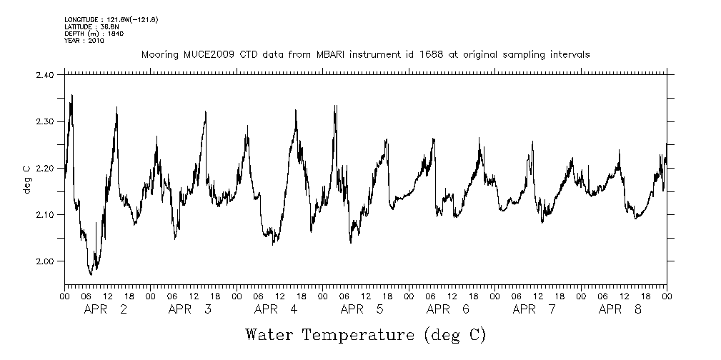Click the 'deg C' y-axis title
[x=26, y=168]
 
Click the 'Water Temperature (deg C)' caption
[x=365, y=334]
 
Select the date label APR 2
[x=106, y=309]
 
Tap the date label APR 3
[x=190, y=309]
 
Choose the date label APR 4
[x=276, y=309]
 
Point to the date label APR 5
[x=362, y=309]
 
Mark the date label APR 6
[x=448, y=309]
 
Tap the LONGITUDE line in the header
[x=111, y=19]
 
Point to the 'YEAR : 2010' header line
[x=84, y=41]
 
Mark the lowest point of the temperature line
[x=91, y=274]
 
